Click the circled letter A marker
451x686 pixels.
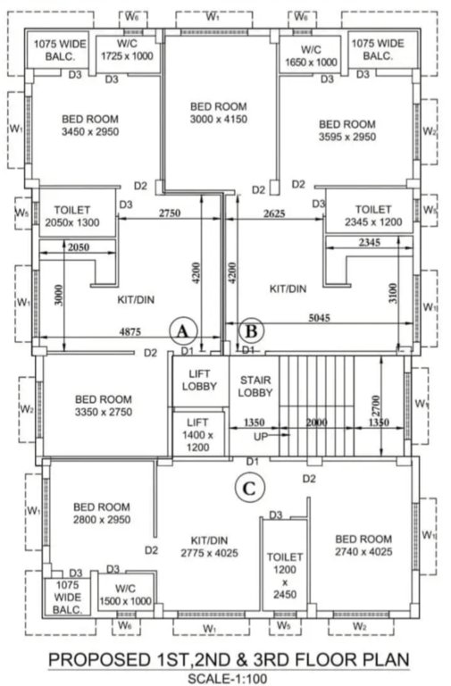[x=183, y=330]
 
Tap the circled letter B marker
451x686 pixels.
[x=251, y=330]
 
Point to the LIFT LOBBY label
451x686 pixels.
[x=198, y=381]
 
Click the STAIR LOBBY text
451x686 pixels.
[x=255, y=386]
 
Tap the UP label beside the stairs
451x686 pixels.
[x=261, y=438]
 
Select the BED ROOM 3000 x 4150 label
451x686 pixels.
[x=219, y=113]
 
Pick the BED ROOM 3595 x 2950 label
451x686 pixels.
[x=347, y=130]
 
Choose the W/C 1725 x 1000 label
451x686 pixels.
[x=124, y=50]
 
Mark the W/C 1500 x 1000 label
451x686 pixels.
[x=124, y=595]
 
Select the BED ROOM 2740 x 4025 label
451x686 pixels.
[x=363, y=546]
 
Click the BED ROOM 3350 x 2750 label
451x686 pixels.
[x=104, y=406]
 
